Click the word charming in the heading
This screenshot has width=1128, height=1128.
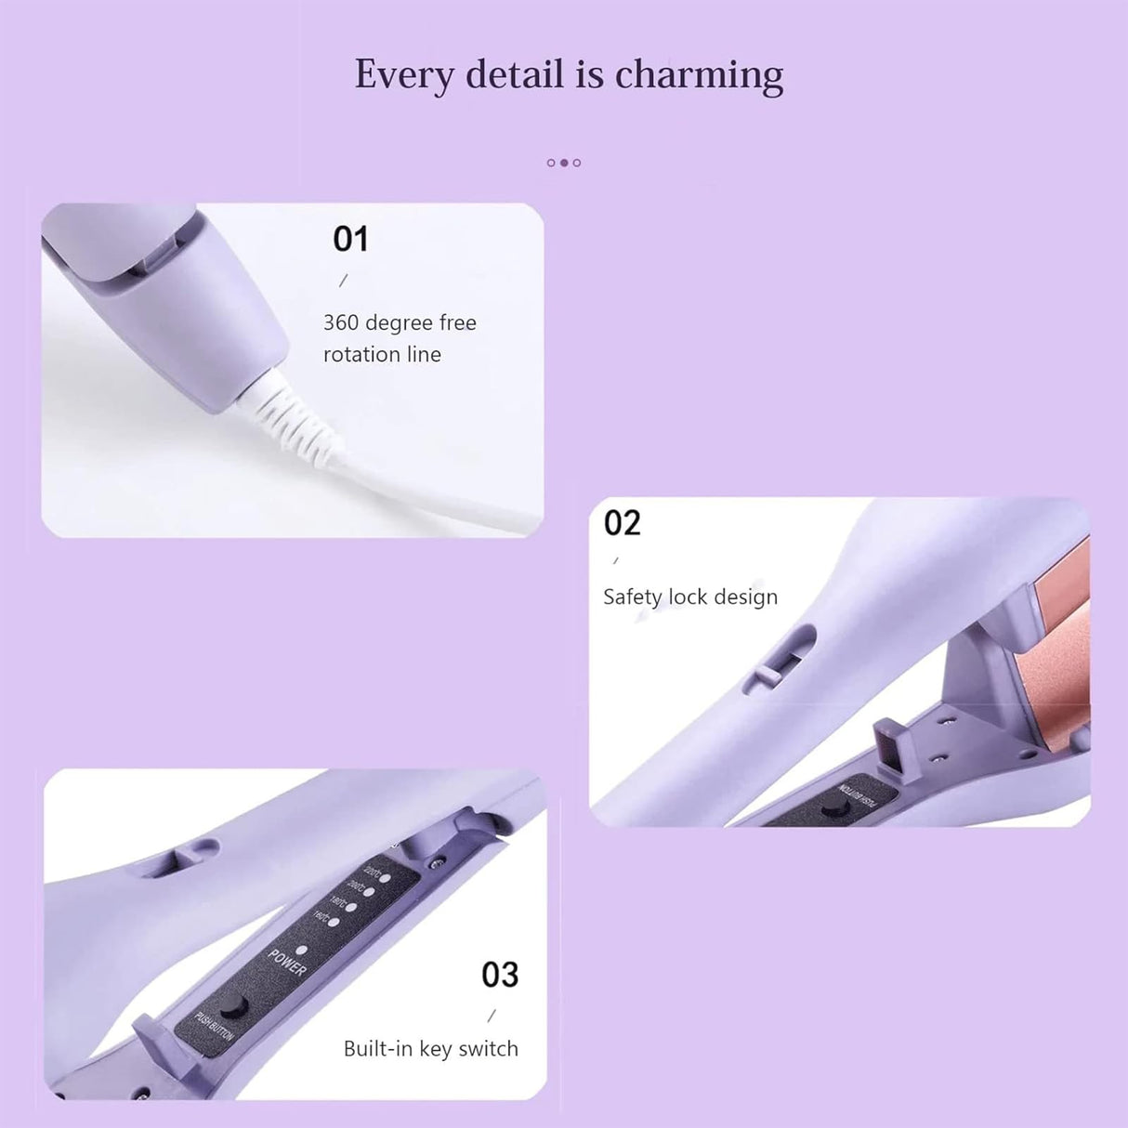click(699, 74)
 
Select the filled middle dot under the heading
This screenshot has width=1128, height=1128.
click(564, 163)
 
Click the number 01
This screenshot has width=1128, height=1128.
click(350, 240)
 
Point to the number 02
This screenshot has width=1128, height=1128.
click(622, 523)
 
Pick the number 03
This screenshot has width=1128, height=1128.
click(500, 975)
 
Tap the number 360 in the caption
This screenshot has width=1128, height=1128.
click(340, 322)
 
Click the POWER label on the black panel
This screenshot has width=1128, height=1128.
click(287, 963)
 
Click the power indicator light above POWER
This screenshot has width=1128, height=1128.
click(302, 950)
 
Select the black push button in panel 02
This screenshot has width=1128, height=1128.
click(830, 811)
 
